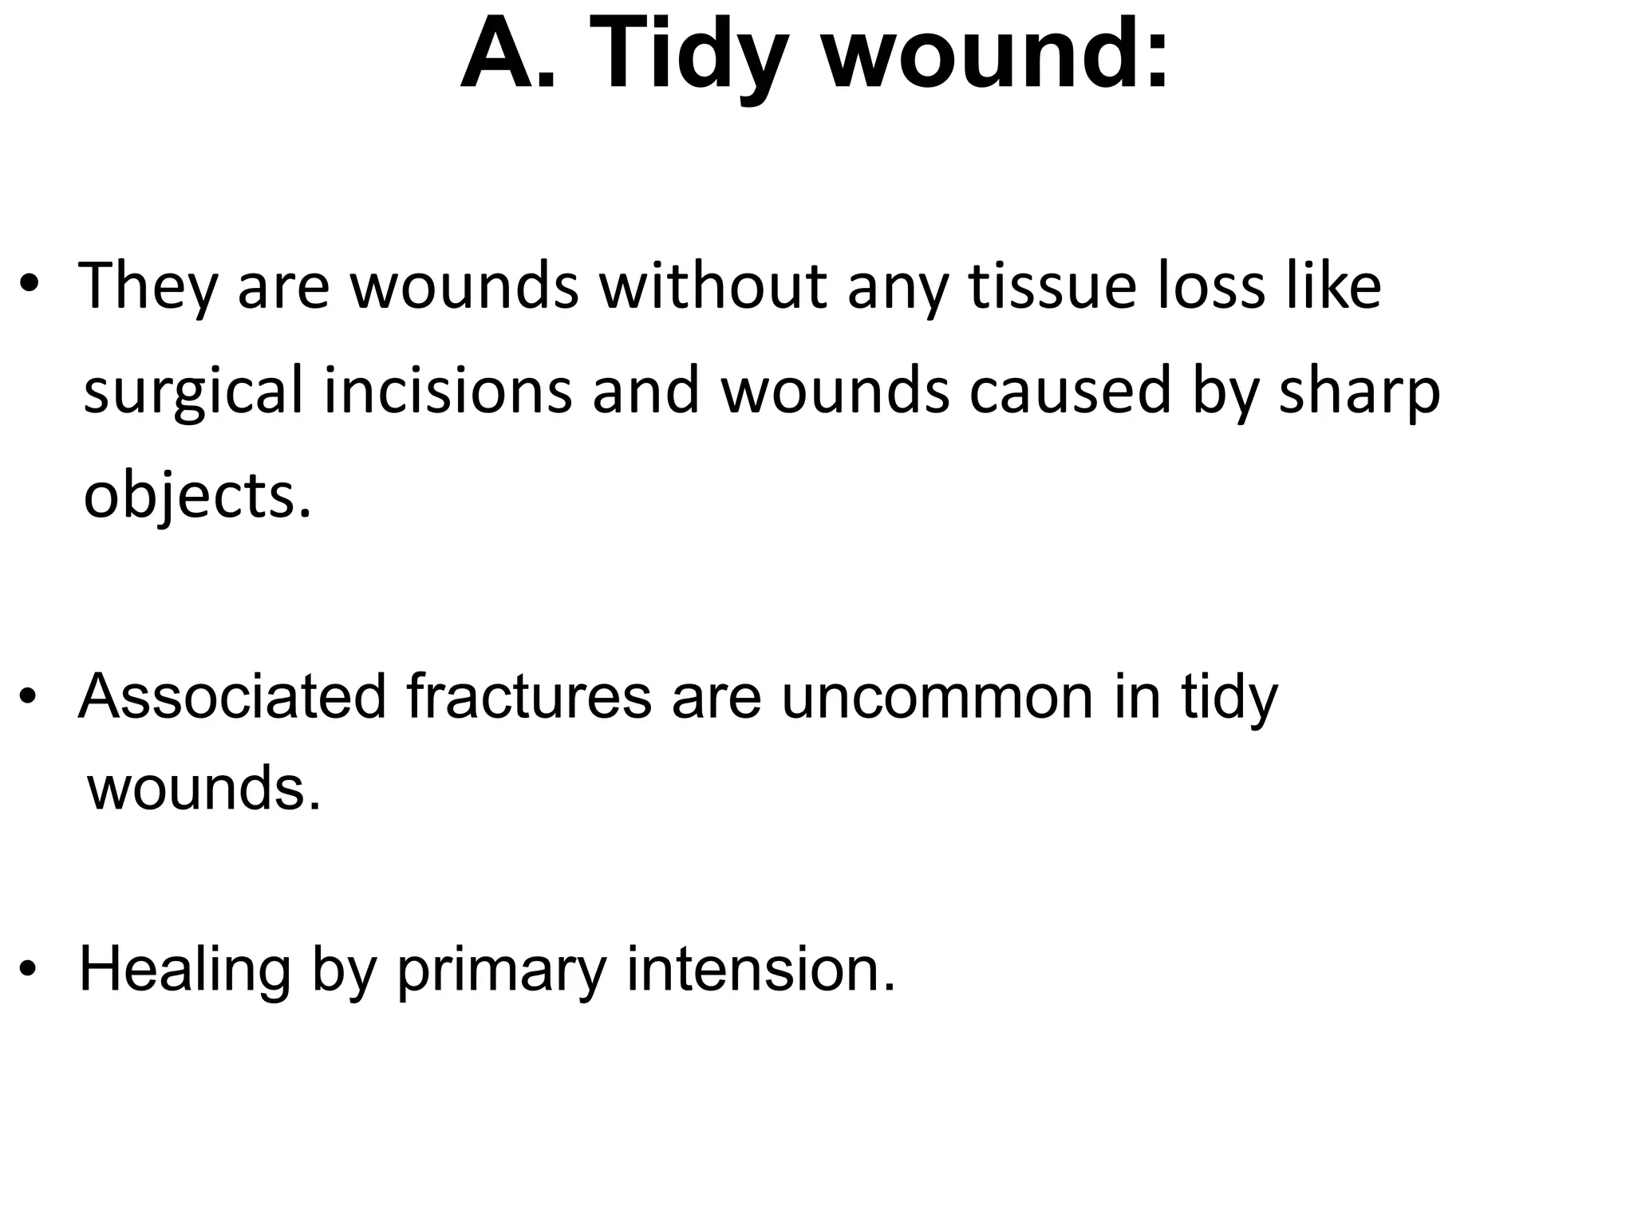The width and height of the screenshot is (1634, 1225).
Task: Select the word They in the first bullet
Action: pyautogui.click(x=148, y=287)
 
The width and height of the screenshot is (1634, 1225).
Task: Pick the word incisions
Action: pyautogui.click(x=448, y=391)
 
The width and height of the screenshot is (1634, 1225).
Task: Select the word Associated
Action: pyautogui.click(x=232, y=696)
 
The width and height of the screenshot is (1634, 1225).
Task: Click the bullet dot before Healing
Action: pyautogui.click(x=30, y=970)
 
